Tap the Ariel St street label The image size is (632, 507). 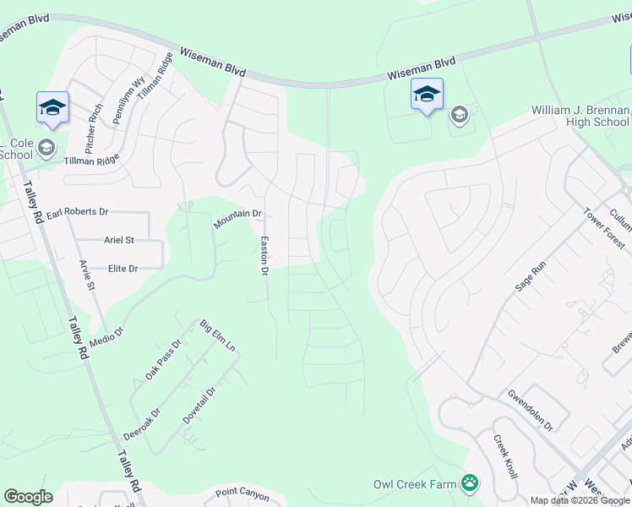[119, 240]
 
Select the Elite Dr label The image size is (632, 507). [123, 268]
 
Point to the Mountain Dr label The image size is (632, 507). [237, 219]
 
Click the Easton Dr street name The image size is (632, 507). [264, 256]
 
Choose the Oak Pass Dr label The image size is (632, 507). [163, 359]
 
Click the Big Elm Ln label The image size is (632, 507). [217, 336]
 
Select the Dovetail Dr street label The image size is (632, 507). [199, 405]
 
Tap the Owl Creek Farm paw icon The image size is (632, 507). [469, 483]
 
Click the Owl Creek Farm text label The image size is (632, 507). [414, 484]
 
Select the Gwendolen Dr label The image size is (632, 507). [529, 410]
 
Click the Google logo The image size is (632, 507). [28, 497]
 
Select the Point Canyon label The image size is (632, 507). [242, 494]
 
